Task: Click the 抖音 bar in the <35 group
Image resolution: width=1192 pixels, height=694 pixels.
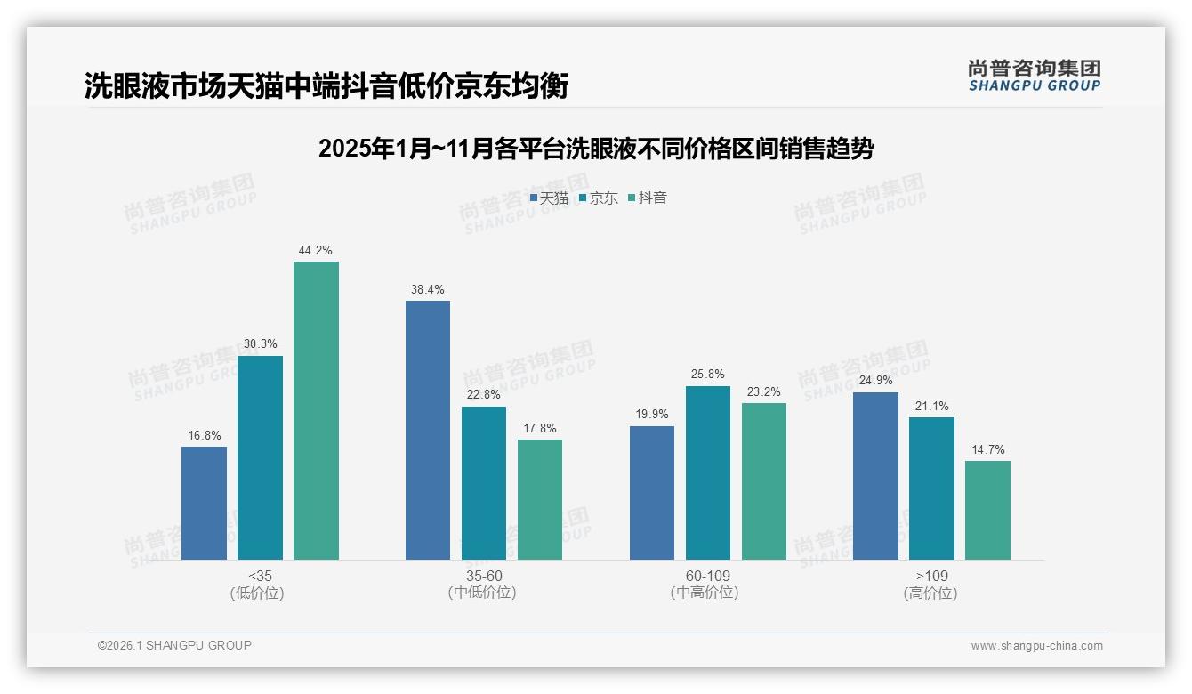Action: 316,410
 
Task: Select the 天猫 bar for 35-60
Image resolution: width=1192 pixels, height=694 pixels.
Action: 428,430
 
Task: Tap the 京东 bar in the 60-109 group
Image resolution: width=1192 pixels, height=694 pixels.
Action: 708,472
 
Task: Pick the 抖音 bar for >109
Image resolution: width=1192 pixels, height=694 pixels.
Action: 987,510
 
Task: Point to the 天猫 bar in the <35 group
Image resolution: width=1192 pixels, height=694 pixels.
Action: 204,503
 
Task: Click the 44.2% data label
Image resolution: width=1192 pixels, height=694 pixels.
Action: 316,251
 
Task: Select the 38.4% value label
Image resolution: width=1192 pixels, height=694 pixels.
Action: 428,290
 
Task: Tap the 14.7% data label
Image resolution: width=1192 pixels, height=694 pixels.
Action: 987,450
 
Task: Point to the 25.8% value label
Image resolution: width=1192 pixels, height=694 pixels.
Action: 708,375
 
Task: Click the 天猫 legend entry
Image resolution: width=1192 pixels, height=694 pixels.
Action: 549,198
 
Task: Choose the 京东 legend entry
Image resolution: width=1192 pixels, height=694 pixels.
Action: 599,198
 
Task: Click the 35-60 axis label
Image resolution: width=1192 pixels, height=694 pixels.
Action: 483,576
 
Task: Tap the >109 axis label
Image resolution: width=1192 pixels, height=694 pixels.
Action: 931,576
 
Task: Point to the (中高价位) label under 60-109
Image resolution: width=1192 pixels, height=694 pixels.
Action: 707,593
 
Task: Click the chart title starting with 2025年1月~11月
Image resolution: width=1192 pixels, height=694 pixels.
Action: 596,149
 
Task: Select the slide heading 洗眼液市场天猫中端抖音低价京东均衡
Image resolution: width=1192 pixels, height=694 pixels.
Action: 326,86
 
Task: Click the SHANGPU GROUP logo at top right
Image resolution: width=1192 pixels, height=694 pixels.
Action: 1034,76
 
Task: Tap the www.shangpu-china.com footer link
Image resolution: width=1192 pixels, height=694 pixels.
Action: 1036,646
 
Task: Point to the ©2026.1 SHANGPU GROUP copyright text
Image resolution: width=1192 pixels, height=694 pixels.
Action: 174,645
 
